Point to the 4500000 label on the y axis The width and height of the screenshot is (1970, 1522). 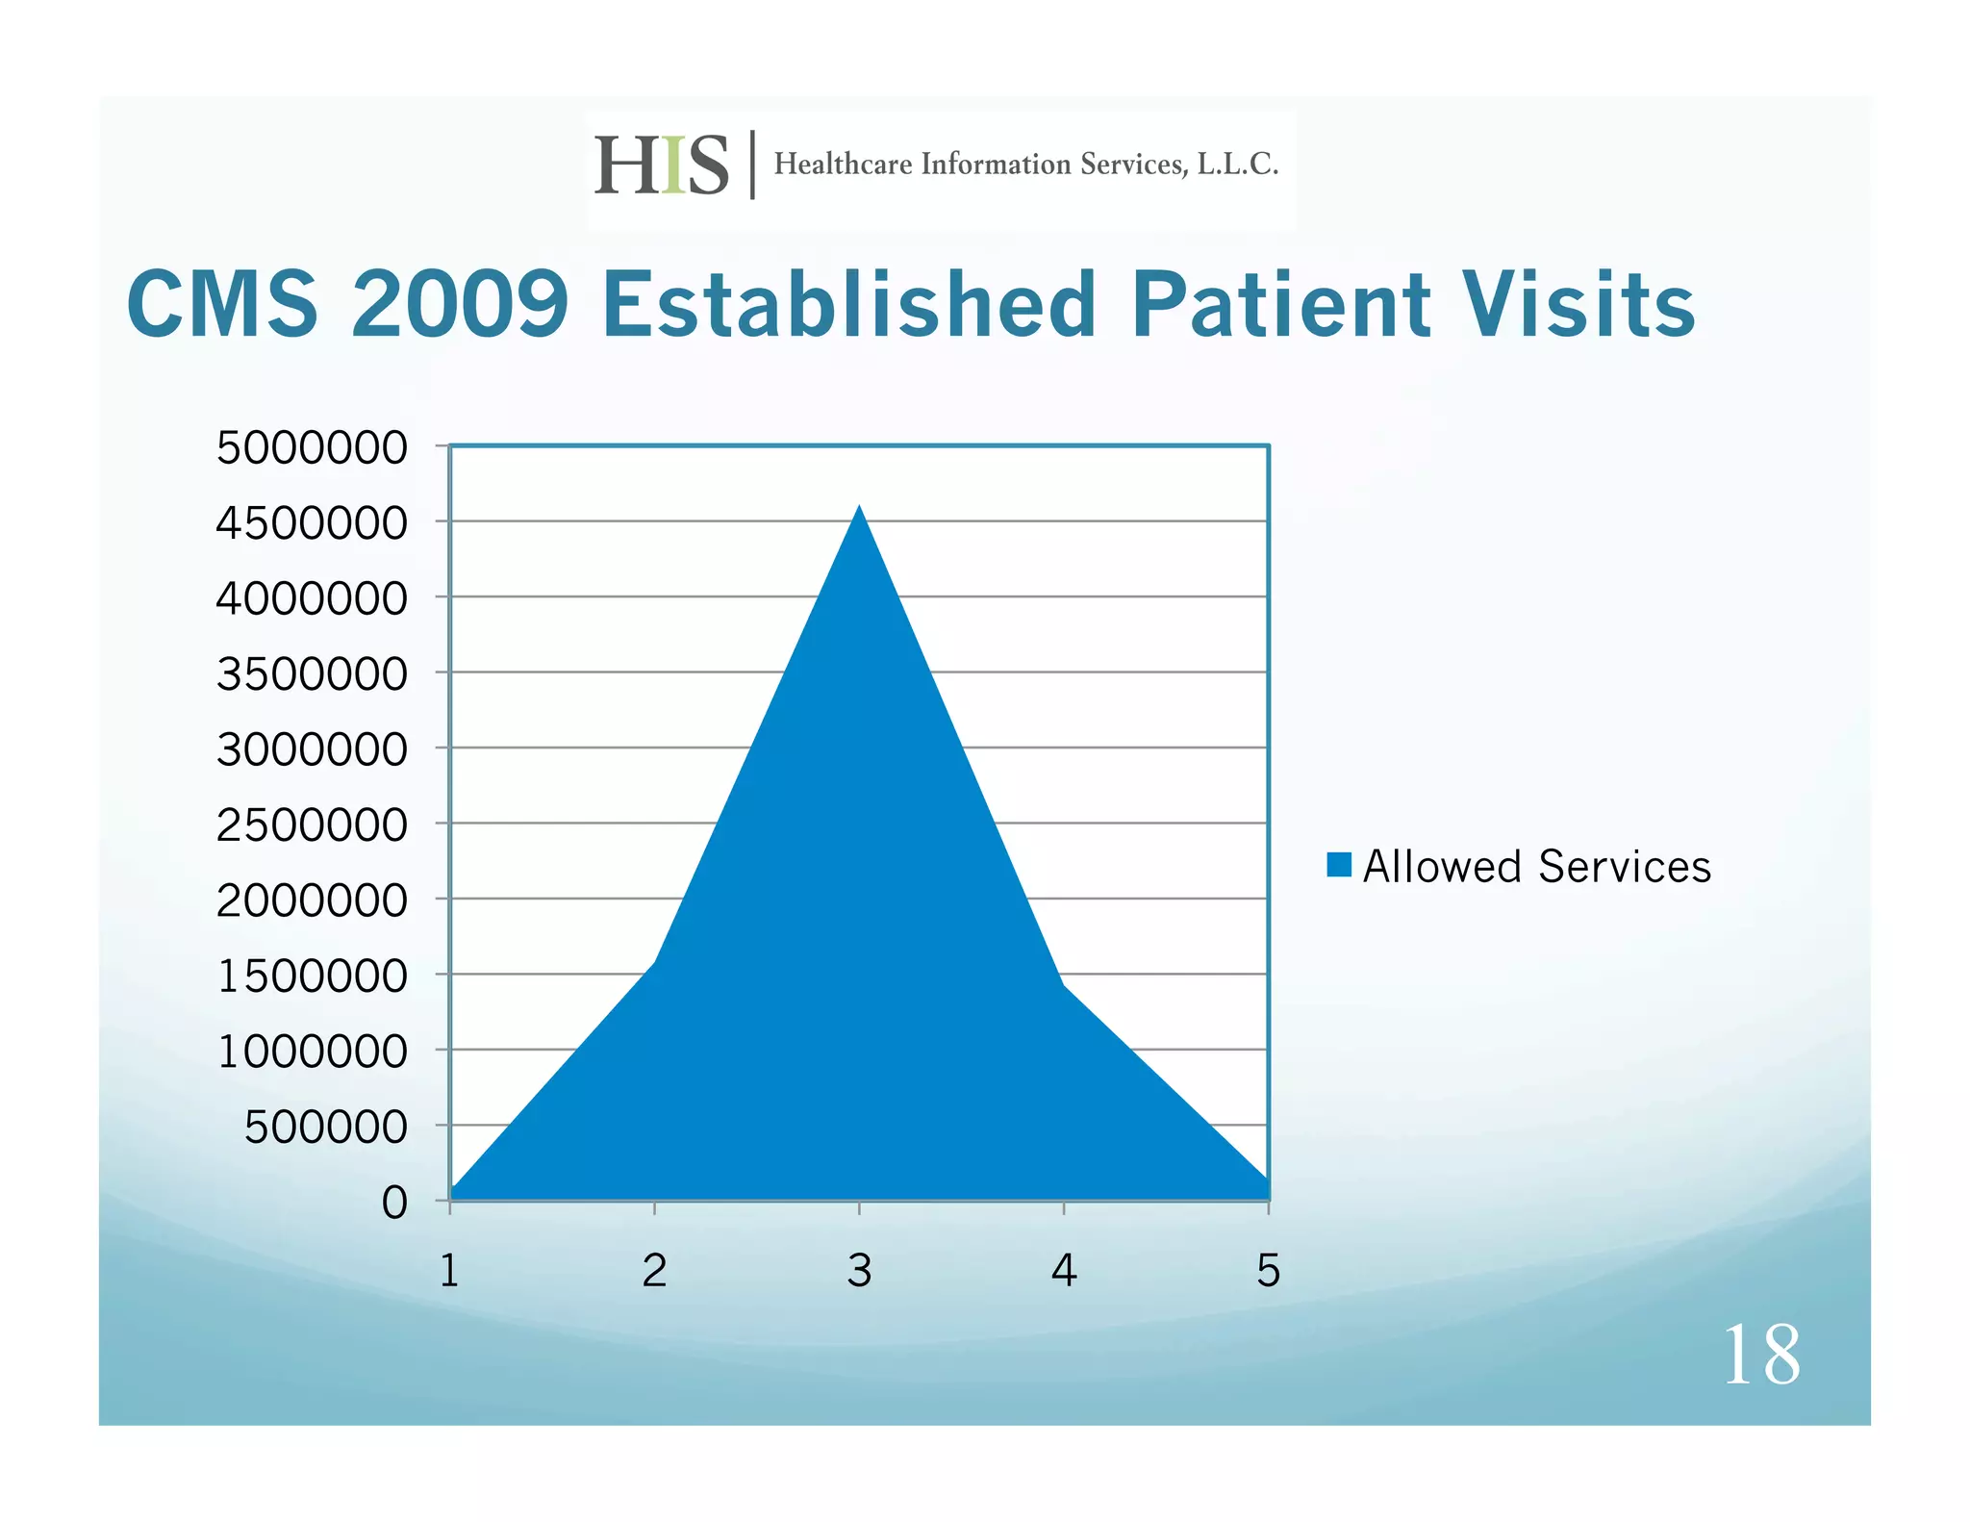[312, 524]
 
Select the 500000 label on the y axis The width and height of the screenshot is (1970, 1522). [326, 1128]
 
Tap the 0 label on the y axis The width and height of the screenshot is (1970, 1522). [394, 1204]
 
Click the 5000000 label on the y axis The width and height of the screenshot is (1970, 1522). [312, 448]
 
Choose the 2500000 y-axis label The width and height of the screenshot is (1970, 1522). [312, 825]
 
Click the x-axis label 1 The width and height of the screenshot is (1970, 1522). [449, 1271]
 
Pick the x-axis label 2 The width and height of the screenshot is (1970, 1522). [654, 1271]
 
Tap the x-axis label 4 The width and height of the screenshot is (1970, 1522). [1064, 1271]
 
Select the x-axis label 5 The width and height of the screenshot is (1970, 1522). [1268, 1271]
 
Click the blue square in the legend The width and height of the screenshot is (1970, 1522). [1338, 865]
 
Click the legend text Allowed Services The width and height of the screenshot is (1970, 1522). [1536, 867]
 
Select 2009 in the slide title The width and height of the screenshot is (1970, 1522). [460, 305]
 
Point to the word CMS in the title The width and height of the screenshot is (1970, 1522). [222, 305]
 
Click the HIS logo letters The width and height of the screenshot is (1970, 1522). [662, 165]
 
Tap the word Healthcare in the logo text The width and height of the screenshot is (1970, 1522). [843, 165]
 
